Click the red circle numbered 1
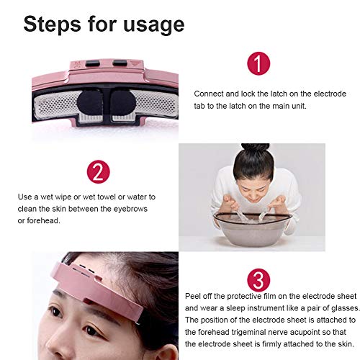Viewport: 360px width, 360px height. point(258,63)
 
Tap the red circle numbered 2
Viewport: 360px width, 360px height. point(98,172)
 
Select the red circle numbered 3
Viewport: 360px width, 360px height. point(258,280)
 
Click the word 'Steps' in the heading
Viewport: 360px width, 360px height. point(53,24)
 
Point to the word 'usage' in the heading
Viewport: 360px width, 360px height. point(154,25)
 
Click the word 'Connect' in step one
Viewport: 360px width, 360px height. point(209,94)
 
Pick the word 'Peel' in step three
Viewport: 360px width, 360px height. point(193,296)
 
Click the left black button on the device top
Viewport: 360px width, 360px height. point(93,63)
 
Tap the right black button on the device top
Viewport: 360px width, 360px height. point(120,63)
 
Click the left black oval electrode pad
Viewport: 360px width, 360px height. point(90,103)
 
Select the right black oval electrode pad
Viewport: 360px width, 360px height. point(123,103)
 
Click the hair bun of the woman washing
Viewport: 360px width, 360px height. point(256,148)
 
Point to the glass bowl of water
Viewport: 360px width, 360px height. point(253,229)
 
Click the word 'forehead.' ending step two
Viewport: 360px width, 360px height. point(43,220)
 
